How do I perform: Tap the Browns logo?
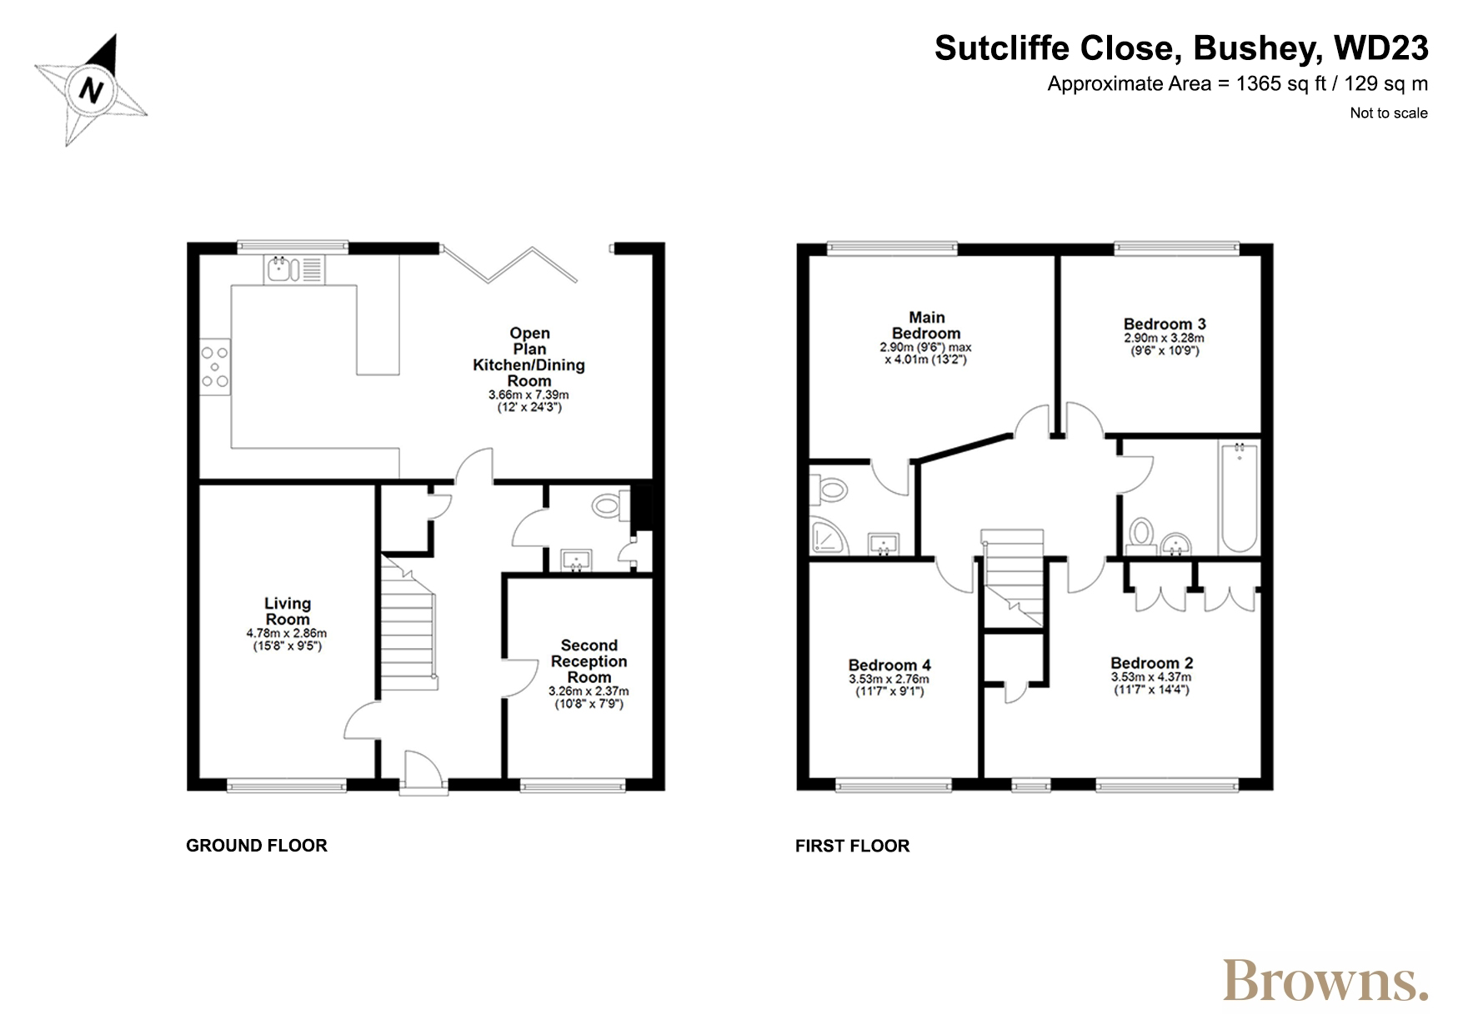[x=1325, y=981]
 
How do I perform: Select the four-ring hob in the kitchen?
[x=215, y=366]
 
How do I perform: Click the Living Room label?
[x=288, y=611]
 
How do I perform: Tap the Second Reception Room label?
[x=589, y=661]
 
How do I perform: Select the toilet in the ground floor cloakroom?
[x=611, y=505]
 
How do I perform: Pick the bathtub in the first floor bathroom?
[x=1239, y=497]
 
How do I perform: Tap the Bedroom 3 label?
[x=1165, y=324]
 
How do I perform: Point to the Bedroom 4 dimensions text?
[x=889, y=685]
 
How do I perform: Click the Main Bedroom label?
[x=926, y=325]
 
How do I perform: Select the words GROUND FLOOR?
[x=257, y=846]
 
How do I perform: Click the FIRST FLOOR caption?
[x=852, y=846]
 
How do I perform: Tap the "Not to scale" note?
[x=1389, y=113]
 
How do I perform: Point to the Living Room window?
[x=287, y=784]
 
